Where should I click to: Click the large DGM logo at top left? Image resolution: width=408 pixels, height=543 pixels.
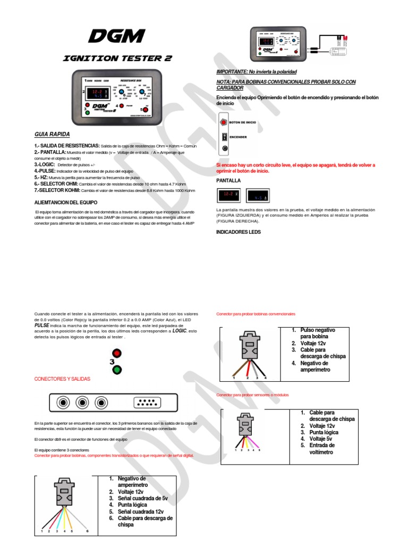(116, 36)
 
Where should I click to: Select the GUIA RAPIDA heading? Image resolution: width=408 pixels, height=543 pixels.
(52, 134)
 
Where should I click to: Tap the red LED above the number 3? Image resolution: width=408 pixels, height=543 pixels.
(116, 354)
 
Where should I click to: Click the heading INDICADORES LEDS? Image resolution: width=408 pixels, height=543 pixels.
(239, 232)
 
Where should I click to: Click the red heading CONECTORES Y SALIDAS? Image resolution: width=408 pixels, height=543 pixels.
(62, 379)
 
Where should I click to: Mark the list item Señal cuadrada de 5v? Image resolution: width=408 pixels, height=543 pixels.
(139, 498)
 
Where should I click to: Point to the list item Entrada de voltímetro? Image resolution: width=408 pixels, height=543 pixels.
(322, 449)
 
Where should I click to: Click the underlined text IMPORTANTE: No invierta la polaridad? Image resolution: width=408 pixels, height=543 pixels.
(256, 71)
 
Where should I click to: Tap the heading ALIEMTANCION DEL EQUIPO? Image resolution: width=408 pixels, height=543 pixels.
(66, 203)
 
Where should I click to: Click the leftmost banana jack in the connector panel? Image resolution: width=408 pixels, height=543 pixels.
(64, 402)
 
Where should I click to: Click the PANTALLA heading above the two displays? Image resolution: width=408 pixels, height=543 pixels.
(229, 181)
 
